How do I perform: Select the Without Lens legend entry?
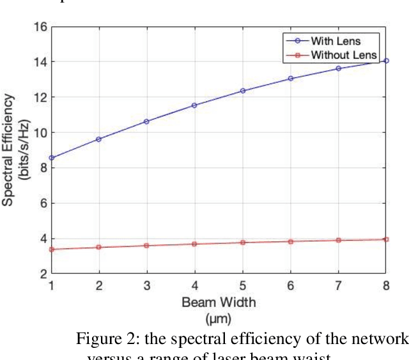pyautogui.click(x=344, y=55)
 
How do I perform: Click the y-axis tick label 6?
pyautogui.click(x=42, y=204)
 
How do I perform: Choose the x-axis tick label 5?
pyautogui.click(x=242, y=285)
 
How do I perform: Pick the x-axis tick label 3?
pyautogui.click(x=146, y=285)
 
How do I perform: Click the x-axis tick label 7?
pyautogui.click(x=338, y=285)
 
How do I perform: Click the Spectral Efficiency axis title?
pyautogui.click(x=9, y=150)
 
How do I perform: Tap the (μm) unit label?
pyautogui.click(x=218, y=317)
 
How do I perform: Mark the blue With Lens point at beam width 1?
pyautogui.click(x=51, y=158)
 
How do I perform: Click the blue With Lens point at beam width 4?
pyautogui.click(x=194, y=105)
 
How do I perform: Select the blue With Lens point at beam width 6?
pyautogui.click(x=290, y=79)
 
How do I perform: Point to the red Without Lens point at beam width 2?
pyautogui.click(x=98, y=247)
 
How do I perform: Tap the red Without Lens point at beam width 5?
pyautogui.click(x=242, y=243)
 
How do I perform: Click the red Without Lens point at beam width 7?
pyautogui.click(x=338, y=240)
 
